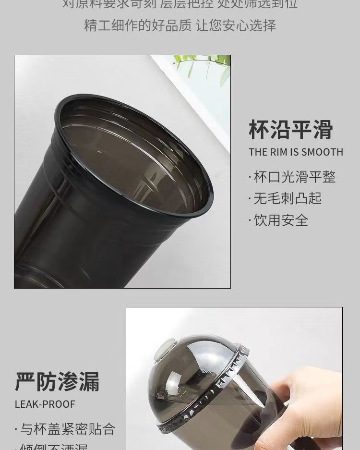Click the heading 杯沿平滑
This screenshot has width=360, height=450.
pos(290,130)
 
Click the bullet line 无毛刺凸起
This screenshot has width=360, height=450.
pos(288,198)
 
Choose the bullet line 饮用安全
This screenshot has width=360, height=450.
pos(281,220)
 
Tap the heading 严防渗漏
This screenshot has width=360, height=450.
pos(57,381)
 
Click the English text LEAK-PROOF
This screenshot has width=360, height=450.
pos(45,404)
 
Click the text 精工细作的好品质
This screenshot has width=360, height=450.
pos(138,25)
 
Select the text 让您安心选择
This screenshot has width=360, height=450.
pos(236,25)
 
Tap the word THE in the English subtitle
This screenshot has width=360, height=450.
pos(258,152)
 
